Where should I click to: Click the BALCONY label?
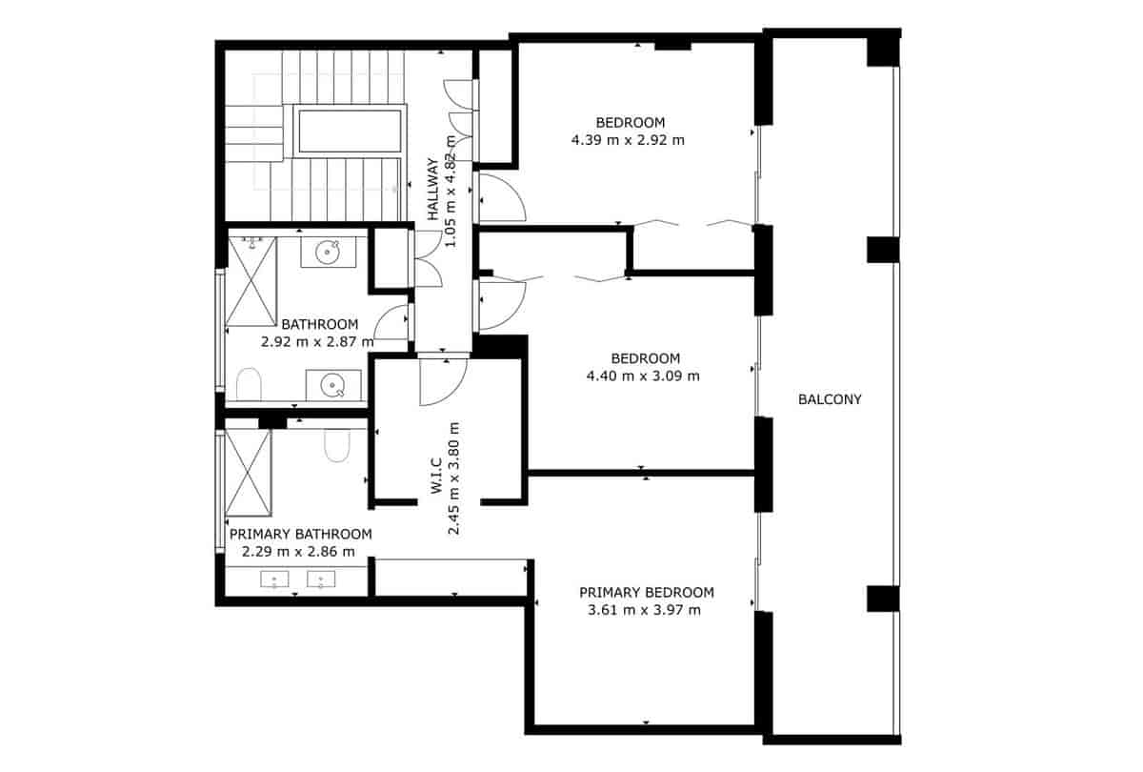click(x=829, y=399)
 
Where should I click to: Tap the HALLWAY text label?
click(x=433, y=190)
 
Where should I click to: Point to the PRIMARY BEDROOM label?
click(x=646, y=592)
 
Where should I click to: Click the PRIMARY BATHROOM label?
click(x=300, y=534)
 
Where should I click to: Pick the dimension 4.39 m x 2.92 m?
click(x=628, y=139)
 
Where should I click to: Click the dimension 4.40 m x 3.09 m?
click(x=645, y=376)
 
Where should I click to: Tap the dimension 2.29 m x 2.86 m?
click(x=297, y=551)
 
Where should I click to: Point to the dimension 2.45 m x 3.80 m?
click(x=454, y=478)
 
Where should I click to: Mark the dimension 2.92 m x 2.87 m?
click(x=318, y=340)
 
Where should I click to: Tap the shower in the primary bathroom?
click(x=249, y=473)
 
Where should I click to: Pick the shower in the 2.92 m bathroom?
click(x=252, y=281)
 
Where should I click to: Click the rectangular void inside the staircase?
click(x=349, y=131)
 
